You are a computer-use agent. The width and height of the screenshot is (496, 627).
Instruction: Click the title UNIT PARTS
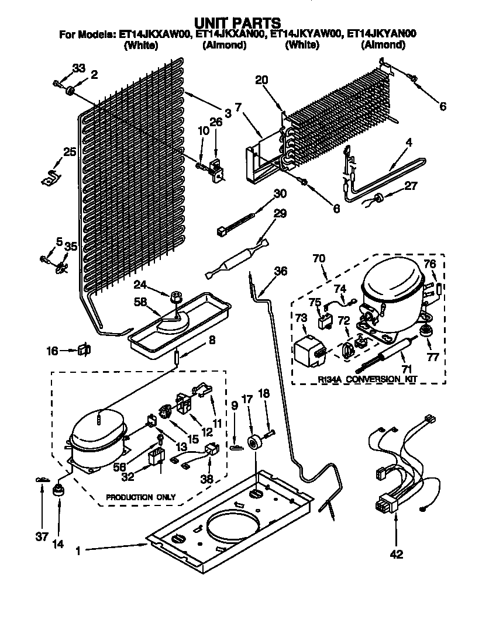pos(237,23)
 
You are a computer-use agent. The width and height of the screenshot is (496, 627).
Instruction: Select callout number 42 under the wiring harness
pos(396,554)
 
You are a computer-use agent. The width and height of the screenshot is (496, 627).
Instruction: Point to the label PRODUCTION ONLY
pos(140,497)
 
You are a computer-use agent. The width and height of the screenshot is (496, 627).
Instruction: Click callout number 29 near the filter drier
pos(280,213)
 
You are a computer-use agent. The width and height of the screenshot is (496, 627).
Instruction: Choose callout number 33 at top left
pos(79,68)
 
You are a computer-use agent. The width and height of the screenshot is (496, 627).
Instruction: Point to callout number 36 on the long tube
pos(281,271)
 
